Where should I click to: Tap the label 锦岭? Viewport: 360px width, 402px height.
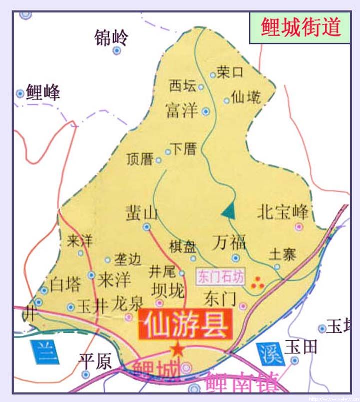click(x=111, y=38)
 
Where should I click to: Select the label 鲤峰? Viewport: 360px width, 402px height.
click(x=43, y=93)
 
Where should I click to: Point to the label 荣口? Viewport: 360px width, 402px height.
click(x=230, y=72)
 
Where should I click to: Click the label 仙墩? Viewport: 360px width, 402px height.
click(x=246, y=97)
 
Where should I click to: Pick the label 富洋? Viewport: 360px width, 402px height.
click(x=182, y=110)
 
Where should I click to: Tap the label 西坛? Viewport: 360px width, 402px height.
click(x=182, y=86)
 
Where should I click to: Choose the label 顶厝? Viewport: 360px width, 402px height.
click(x=139, y=160)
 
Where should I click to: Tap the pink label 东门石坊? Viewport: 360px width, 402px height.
click(x=221, y=277)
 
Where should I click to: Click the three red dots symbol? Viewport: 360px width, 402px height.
click(x=258, y=283)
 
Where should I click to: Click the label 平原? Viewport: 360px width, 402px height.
click(x=95, y=362)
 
